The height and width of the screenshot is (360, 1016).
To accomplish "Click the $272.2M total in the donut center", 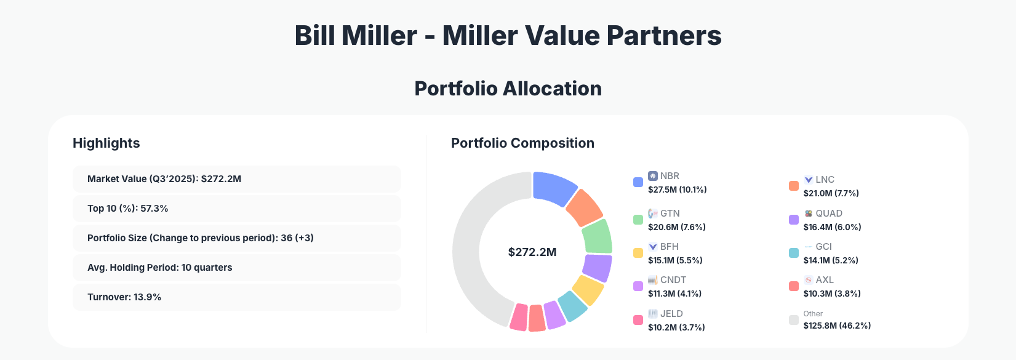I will coord(532,252).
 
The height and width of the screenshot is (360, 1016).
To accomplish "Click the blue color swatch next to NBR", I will coord(638,182).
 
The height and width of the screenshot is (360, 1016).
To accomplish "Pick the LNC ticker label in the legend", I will coord(825,180).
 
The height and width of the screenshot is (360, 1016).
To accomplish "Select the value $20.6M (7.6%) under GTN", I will coord(676,227).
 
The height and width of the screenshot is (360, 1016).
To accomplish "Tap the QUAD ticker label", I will coord(828,214).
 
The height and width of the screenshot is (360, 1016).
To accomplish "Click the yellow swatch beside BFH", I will coord(638,253).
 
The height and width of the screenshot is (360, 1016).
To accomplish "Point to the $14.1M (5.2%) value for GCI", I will coord(830,260).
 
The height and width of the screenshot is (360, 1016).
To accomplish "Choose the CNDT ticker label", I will coord(673,280).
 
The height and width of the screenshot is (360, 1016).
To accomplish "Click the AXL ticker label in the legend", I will coord(825,280).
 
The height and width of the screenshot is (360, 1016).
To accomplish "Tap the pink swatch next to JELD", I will coord(638,320).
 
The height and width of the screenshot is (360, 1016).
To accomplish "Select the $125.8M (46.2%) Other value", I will coord(836,326).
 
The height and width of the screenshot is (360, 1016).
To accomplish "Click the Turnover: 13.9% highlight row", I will coord(236,297).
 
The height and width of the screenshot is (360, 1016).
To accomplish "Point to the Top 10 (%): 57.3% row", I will coord(236,209).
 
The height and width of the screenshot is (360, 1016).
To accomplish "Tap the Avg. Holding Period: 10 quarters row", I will coord(236,268).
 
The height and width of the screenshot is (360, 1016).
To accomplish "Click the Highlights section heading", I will coord(106,143).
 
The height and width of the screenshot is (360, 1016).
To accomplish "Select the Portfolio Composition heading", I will coord(522,143).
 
